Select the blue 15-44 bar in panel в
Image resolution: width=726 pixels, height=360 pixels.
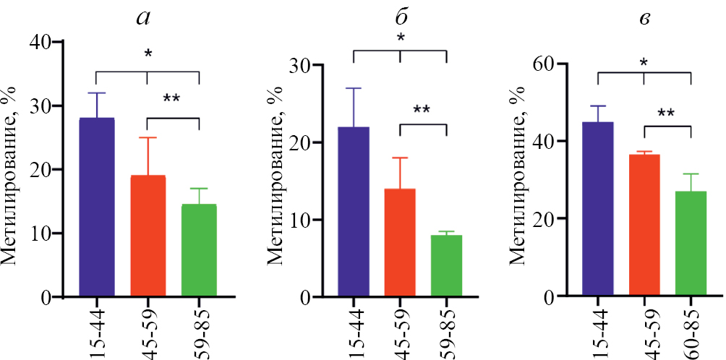597,210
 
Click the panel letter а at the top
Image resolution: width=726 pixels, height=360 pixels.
143,18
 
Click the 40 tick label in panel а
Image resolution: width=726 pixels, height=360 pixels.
41,42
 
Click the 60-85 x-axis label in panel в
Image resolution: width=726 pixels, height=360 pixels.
692,330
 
